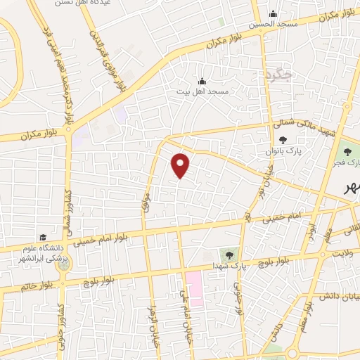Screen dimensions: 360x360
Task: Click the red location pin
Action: pyautogui.click(x=181, y=165)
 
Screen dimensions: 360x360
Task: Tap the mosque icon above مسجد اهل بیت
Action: pyautogui.click(x=202, y=81)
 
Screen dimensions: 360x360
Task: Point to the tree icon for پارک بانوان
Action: pyautogui.click(x=283, y=141)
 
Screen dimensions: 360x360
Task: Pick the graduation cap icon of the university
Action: pyautogui.click(x=44, y=237)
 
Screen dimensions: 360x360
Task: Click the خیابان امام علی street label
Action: pyautogui.click(x=186, y=312)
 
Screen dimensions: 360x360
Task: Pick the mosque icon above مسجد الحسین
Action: pyautogui.click(x=274, y=14)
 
